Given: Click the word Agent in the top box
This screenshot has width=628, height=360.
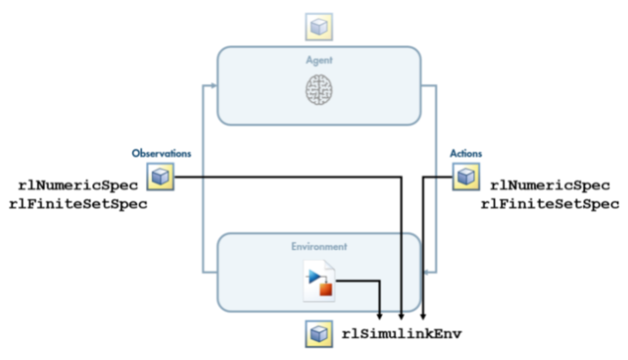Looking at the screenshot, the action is click(319, 61).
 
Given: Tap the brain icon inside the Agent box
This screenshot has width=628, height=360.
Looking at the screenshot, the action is click(319, 90).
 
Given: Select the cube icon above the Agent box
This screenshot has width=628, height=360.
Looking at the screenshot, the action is click(319, 27).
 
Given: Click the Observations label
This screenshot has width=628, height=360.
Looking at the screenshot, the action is click(161, 153).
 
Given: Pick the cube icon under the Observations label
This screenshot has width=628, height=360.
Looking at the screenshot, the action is click(161, 177).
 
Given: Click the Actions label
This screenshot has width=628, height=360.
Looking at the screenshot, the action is click(466, 153).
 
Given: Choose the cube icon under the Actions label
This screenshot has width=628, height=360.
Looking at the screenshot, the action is click(466, 177).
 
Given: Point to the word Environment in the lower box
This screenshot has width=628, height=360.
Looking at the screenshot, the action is click(319, 246).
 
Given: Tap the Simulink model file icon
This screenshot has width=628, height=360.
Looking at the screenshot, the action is click(319, 281).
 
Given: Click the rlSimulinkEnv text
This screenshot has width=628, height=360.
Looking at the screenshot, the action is click(401, 334).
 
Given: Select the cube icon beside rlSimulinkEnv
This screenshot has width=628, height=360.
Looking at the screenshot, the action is click(319, 334).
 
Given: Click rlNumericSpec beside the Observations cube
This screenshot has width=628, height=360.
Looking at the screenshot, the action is click(78, 185).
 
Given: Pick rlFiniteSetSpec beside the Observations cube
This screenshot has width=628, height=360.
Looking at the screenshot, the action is click(78, 204).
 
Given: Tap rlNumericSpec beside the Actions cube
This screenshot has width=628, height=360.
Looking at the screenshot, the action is click(550, 185).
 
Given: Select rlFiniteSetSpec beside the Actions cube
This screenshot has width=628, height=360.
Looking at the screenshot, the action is click(550, 204).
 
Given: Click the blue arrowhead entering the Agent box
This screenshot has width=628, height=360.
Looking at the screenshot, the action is click(214, 85).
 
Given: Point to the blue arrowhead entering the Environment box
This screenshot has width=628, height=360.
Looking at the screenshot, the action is click(425, 272).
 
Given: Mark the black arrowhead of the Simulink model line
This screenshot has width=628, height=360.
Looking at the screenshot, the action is click(380, 317).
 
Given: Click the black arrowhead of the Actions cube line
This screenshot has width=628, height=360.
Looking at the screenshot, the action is click(423, 317).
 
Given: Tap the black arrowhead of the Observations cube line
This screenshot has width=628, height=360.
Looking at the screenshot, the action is click(401, 317).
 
